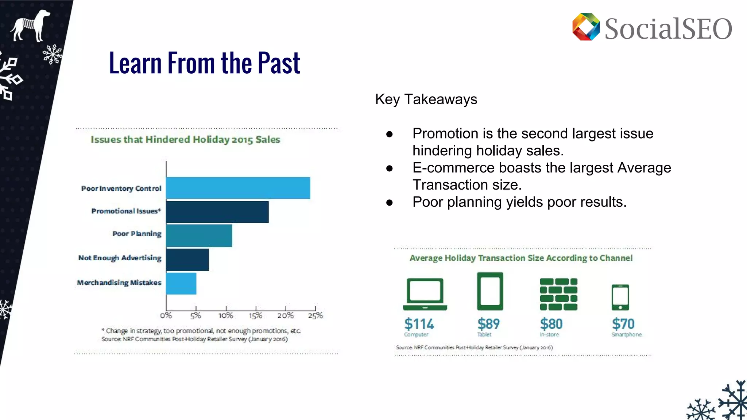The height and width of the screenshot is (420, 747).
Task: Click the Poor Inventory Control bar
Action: click(x=238, y=188)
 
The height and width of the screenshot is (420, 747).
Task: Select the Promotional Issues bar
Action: click(x=217, y=212)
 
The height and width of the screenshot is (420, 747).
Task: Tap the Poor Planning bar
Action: click(x=199, y=236)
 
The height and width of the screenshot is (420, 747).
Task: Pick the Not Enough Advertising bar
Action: click(x=187, y=260)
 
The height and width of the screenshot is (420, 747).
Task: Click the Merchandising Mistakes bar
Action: click(x=181, y=283)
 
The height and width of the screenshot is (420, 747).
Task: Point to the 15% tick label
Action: click(x=256, y=315)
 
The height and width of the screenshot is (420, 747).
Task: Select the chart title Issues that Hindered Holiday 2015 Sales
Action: click(x=185, y=140)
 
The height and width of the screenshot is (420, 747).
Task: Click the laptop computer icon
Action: click(x=425, y=294)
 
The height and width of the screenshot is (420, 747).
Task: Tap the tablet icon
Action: click(x=490, y=291)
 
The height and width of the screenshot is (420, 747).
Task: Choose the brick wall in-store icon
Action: click(x=558, y=294)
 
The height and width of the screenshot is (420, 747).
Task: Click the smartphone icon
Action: click(x=620, y=297)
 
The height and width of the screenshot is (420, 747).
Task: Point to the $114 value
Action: click(x=419, y=324)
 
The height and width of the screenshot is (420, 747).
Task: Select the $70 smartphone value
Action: click(x=623, y=324)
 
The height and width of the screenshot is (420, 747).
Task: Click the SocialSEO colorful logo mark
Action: click(x=586, y=27)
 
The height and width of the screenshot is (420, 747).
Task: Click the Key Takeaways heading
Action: click(x=426, y=99)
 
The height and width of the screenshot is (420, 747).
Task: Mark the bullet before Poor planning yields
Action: click(x=390, y=202)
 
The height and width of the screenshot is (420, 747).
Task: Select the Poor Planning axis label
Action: click(x=137, y=234)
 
